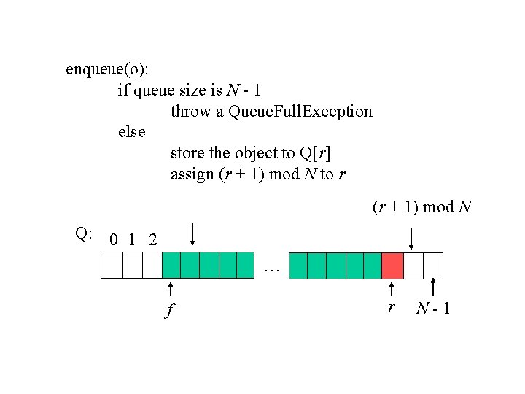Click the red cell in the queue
(x=392, y=266)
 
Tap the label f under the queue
(x=169, y=311)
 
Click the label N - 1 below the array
(x=433, y=309)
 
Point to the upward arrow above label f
(x=170, y=289)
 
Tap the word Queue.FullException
(x=300, y=112)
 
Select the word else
(x=132, y=133)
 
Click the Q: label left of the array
(x=84, y=233)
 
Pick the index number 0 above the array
(x=113, y=239)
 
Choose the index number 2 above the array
(x=152, y=239)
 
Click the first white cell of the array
(x=112, y=266)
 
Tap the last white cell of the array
(x=433, y=266)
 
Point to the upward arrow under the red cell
(x=392, y=289)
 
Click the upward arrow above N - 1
(x=434, y=287)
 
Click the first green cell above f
(x=171, y=266)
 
